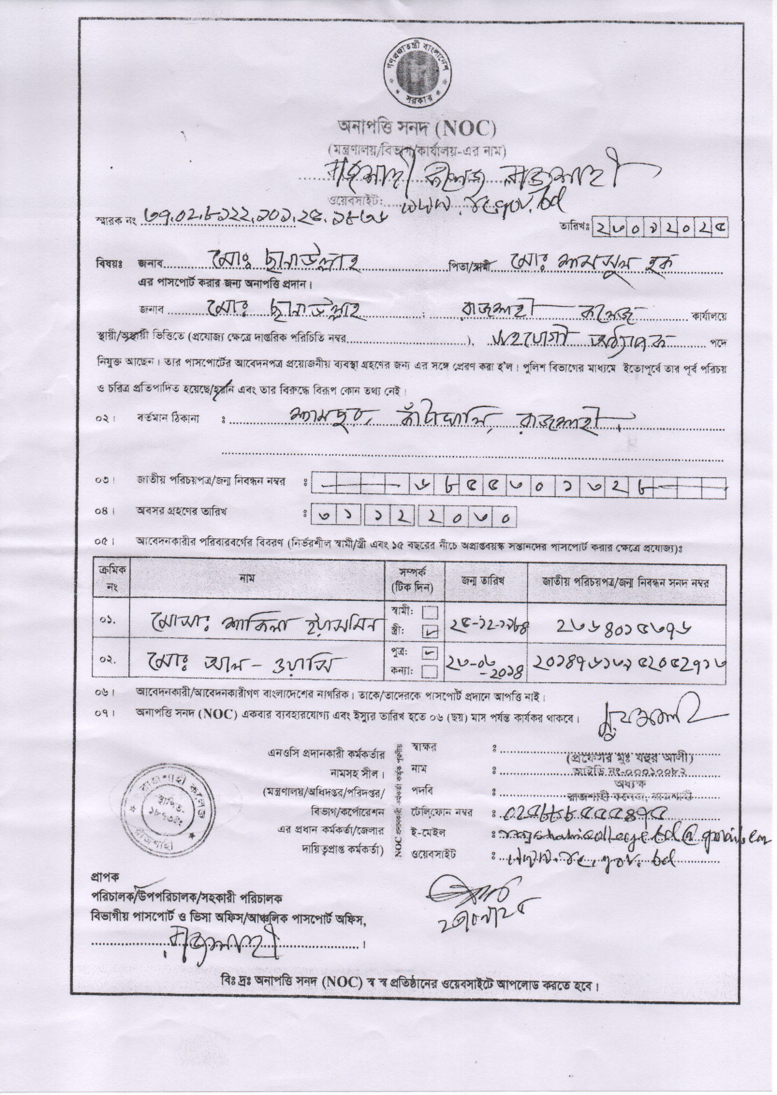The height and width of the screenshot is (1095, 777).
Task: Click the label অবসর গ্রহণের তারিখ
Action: click(x=181, y=511)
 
